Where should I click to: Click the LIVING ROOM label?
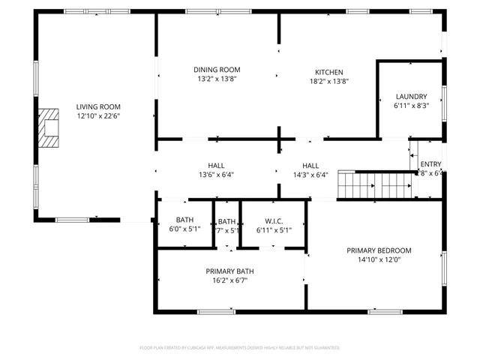coord(98,106)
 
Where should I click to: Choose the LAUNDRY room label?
coord(411,97)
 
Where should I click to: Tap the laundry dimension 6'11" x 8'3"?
coord(411,106)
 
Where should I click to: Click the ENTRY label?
coord(430,164)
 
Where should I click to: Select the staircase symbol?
coord(375,184)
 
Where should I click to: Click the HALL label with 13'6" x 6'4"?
coord(216,166)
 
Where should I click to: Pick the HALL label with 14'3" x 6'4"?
coord(310,166)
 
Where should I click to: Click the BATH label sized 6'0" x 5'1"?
coord(184,220)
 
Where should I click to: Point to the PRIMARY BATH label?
coord(229,271)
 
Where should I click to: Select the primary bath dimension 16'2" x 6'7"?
coord(229,280)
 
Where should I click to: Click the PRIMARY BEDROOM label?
coord(379,250)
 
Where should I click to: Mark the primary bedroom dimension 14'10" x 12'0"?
coord(379,260)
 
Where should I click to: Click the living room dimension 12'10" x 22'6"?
coord(98,116)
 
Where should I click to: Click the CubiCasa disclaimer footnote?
coord(240,348)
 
